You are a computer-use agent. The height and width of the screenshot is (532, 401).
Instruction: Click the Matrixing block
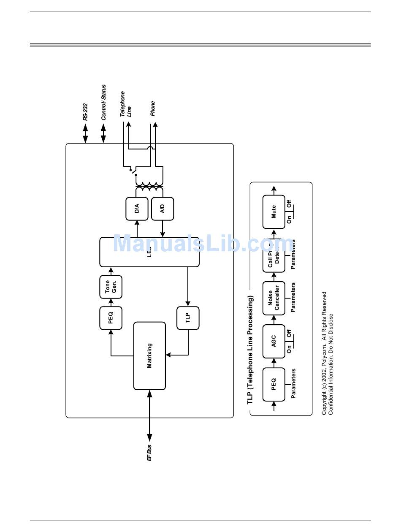[x=149, y=356]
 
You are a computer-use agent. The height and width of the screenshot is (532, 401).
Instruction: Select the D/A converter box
[x=137, y=209]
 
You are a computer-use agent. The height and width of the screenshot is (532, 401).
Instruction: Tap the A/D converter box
[x=163, y=209]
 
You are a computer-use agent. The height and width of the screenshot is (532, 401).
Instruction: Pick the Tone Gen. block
[x=111, y=287]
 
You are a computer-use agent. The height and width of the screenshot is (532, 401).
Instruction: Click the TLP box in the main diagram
[x=188, y=318]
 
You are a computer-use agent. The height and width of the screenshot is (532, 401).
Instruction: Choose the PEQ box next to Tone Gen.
[x=111, y=318]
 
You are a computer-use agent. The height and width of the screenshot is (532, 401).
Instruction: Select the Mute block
[x=274, y=212]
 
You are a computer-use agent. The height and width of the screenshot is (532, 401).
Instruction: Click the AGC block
[x=274, y=341]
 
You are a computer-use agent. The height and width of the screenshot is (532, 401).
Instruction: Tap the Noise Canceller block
[x=274, y=298]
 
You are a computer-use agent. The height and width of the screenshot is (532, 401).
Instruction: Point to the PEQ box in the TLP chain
[x=274, y=384]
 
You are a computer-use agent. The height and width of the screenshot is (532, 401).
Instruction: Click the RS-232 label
[x=85, y=112]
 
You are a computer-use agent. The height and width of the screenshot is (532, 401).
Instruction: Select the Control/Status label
[x=103, y=103]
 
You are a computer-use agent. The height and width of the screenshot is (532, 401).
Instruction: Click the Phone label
[x=152, y=109]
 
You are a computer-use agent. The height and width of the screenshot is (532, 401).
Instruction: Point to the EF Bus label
[x=149, y=452]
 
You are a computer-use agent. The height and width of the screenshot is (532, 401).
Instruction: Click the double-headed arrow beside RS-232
[x=85, y=134]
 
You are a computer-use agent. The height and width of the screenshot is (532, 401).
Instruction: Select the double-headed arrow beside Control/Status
[x=103, y=134]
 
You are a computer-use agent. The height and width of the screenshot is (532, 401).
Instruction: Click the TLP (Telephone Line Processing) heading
[x=250, y=350]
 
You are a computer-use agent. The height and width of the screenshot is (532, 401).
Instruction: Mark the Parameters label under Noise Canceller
[x=293, y=298]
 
